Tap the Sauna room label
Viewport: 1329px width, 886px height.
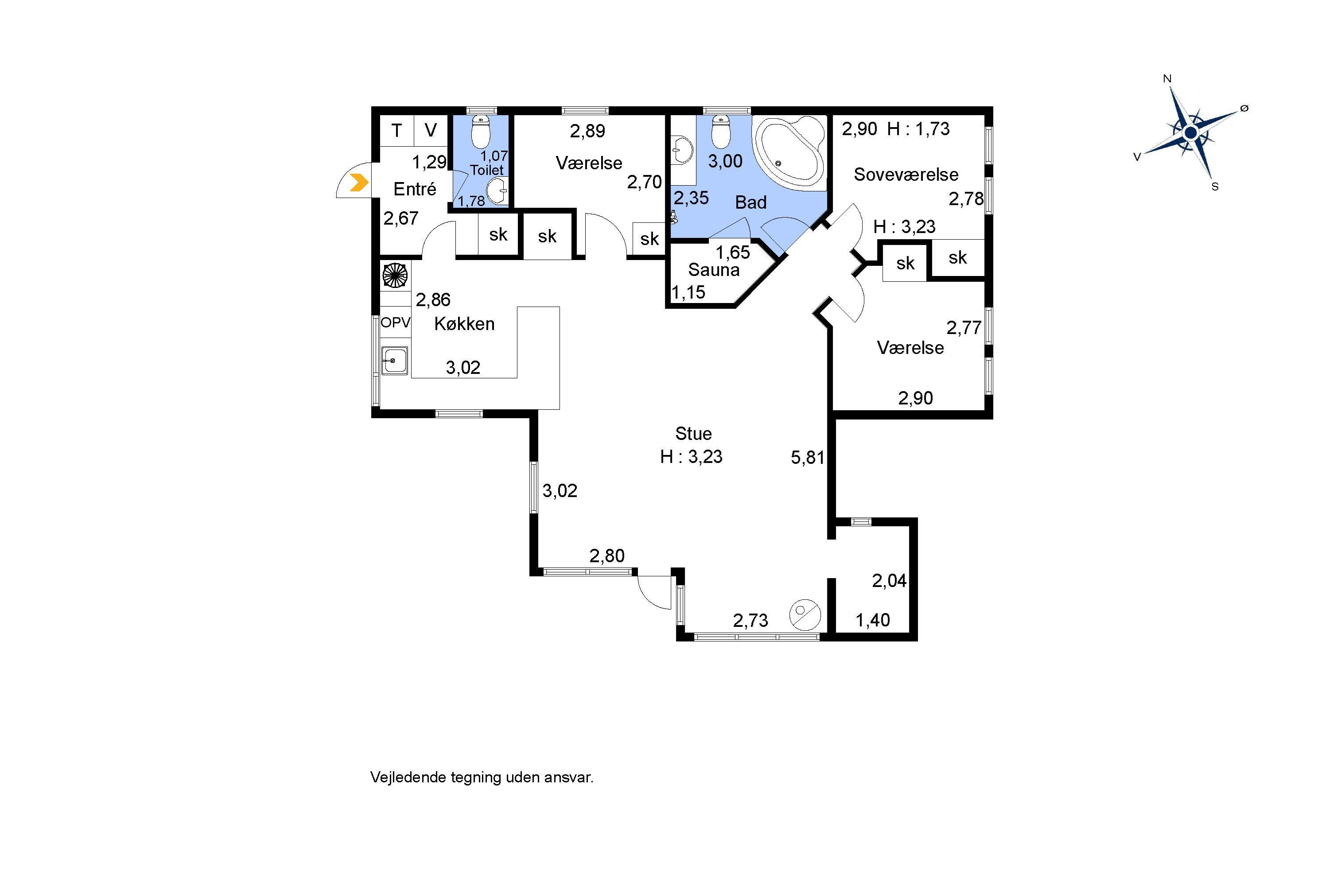(714, 270)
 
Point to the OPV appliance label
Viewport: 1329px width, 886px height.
(396, 323)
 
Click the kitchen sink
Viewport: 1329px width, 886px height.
(394, 360)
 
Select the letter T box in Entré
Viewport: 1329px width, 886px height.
(396, 131)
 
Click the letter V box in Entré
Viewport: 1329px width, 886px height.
(431, 131)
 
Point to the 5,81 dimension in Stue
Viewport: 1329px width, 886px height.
(808, 457)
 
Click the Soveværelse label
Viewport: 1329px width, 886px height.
(906, 175)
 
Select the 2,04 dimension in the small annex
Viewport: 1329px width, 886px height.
(889, 580)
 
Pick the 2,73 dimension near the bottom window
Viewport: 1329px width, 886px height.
(750, 621)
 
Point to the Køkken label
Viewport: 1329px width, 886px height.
(464, 324)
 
